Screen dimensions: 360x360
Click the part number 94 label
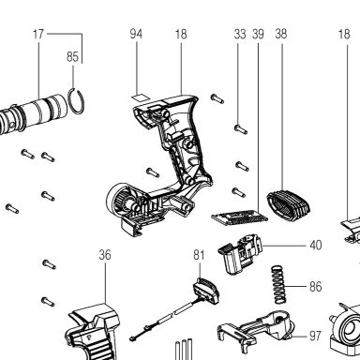click(136, 34)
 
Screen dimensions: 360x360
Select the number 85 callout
click(72, 56)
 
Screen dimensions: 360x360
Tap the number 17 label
click(38, 34)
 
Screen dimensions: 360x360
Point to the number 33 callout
click(240, 34)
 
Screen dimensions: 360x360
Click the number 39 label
click(258, 34)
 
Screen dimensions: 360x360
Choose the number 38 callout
click(281, 34)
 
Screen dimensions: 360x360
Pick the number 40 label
click(316, 246)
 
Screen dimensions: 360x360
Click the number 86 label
click(316, 286)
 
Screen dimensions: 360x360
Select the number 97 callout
click(315, 336)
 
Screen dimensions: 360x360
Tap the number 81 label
click(199, 255)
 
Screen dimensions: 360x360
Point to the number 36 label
click(105, 255)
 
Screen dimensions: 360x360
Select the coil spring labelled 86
click(278, 284)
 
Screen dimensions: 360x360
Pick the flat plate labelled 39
click(239, 217)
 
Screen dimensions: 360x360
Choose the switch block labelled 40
click(240, 254)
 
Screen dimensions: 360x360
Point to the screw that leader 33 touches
click(241, 128)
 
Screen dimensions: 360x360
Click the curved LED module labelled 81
click(206, 291)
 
